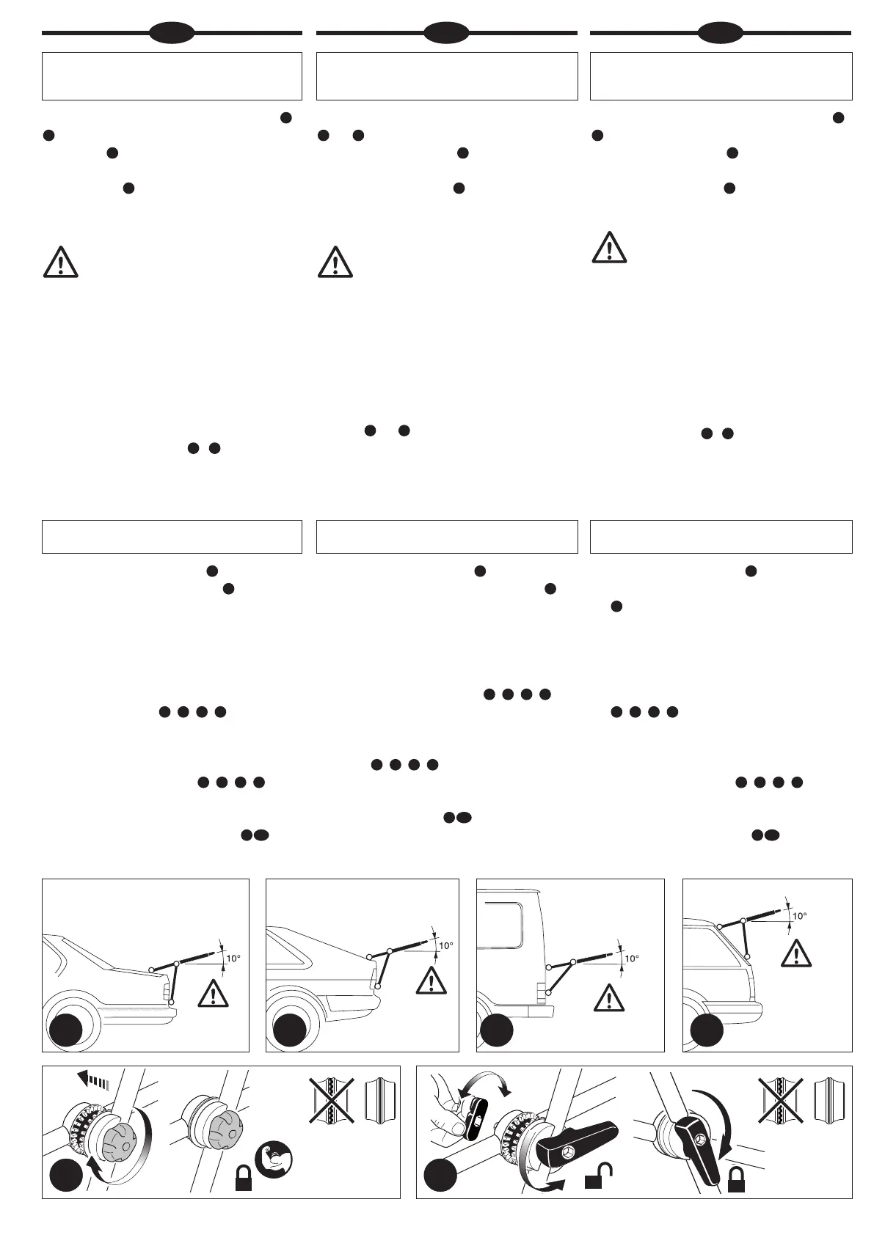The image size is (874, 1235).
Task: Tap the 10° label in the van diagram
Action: tap(632, 958)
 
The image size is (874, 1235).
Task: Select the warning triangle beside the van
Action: tap(608, 998)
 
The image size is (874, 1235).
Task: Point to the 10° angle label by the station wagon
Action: tap(799, 915)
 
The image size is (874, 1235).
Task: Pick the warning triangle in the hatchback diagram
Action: tap(431, 981)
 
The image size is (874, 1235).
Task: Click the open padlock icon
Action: tap(595, 1176)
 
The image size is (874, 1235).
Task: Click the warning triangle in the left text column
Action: tap(60, 262)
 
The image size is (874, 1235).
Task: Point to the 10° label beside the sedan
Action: tap(233, 958)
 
